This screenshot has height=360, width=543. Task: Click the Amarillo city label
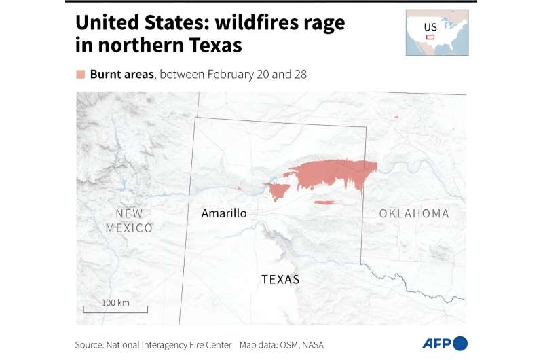(224, 213)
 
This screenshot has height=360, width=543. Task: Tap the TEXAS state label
(281, 279)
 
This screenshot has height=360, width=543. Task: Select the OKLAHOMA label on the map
(414, 213)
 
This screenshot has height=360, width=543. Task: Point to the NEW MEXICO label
(129, 221)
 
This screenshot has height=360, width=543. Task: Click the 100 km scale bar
(115, 309)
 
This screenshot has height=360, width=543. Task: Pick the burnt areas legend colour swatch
(81, 74)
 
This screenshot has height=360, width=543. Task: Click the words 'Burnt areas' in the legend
(122, 74)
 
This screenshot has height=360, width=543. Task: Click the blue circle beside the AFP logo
(461, 344)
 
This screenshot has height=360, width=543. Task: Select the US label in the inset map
(430, 28)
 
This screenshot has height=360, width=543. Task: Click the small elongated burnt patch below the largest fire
(324, 202)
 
